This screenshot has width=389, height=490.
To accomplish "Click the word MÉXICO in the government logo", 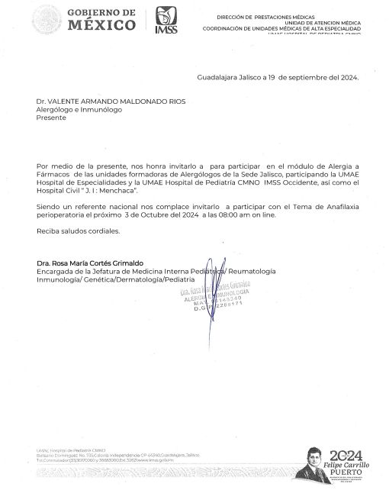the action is pyautogui.click(x=102, y=24).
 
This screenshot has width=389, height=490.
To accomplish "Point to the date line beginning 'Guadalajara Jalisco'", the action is pyautogui.click(x=278, y=78).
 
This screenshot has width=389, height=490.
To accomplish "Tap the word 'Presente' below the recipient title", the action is pyautogui.click(x=51, y=118).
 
